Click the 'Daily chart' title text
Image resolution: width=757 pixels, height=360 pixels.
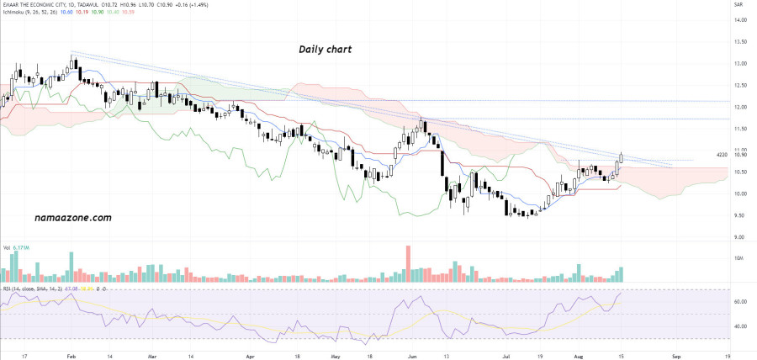pos(325,50)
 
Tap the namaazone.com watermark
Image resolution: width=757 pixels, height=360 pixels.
pos(74,217)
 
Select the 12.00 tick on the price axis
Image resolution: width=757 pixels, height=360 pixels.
pos(740,107)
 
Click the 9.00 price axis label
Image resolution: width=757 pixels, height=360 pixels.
pos(740,237)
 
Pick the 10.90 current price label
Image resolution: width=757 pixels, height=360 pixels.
pos(740,156)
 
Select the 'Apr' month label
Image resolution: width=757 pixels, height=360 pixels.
pos(250,356)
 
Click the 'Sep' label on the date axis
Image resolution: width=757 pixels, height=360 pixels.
pos(675,356)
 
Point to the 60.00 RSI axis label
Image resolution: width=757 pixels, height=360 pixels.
pos(740,301)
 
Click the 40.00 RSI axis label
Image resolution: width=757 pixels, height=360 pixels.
pos(740,326)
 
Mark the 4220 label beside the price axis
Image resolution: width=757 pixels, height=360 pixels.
pos(721,156)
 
